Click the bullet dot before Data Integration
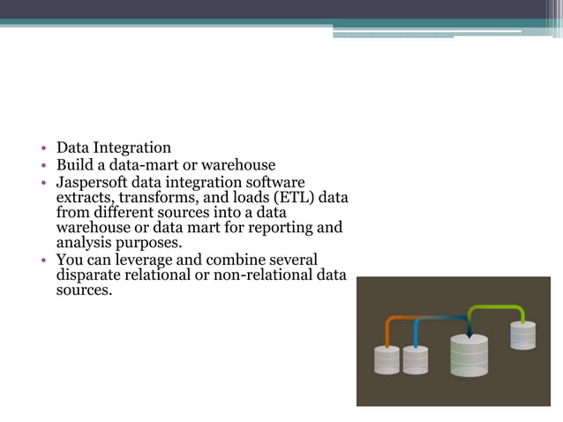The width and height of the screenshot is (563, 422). [x=41, y=148]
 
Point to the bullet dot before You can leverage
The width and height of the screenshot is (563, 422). [x=41, y=260]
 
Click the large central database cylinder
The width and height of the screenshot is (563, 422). [x=469, y=356]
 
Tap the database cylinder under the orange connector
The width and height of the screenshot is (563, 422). [x=387, y=359]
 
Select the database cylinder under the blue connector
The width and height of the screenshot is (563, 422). [x=415, y=359]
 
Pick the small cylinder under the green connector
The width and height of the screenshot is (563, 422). [x=522, y=335]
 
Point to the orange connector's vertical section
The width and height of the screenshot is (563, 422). [x=387, y=332]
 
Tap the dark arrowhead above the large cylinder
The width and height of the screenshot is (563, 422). [x=469, y=334]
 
